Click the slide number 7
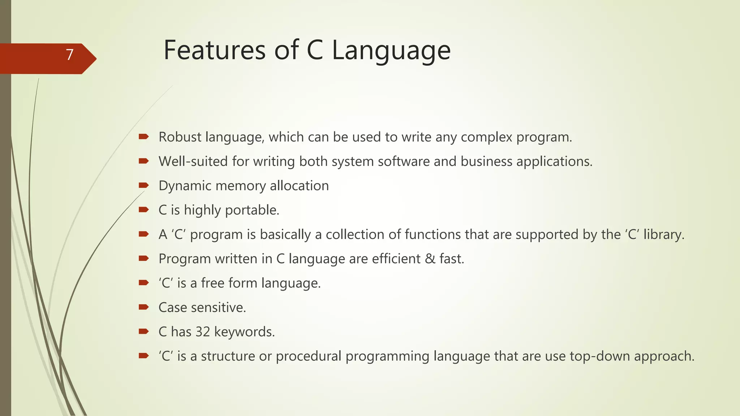(69, 55)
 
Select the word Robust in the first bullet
(180, 137)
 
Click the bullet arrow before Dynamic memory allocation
(143, 186)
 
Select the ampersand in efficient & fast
(430, 259)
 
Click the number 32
(203, 332)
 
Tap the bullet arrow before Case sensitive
(143, 307)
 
